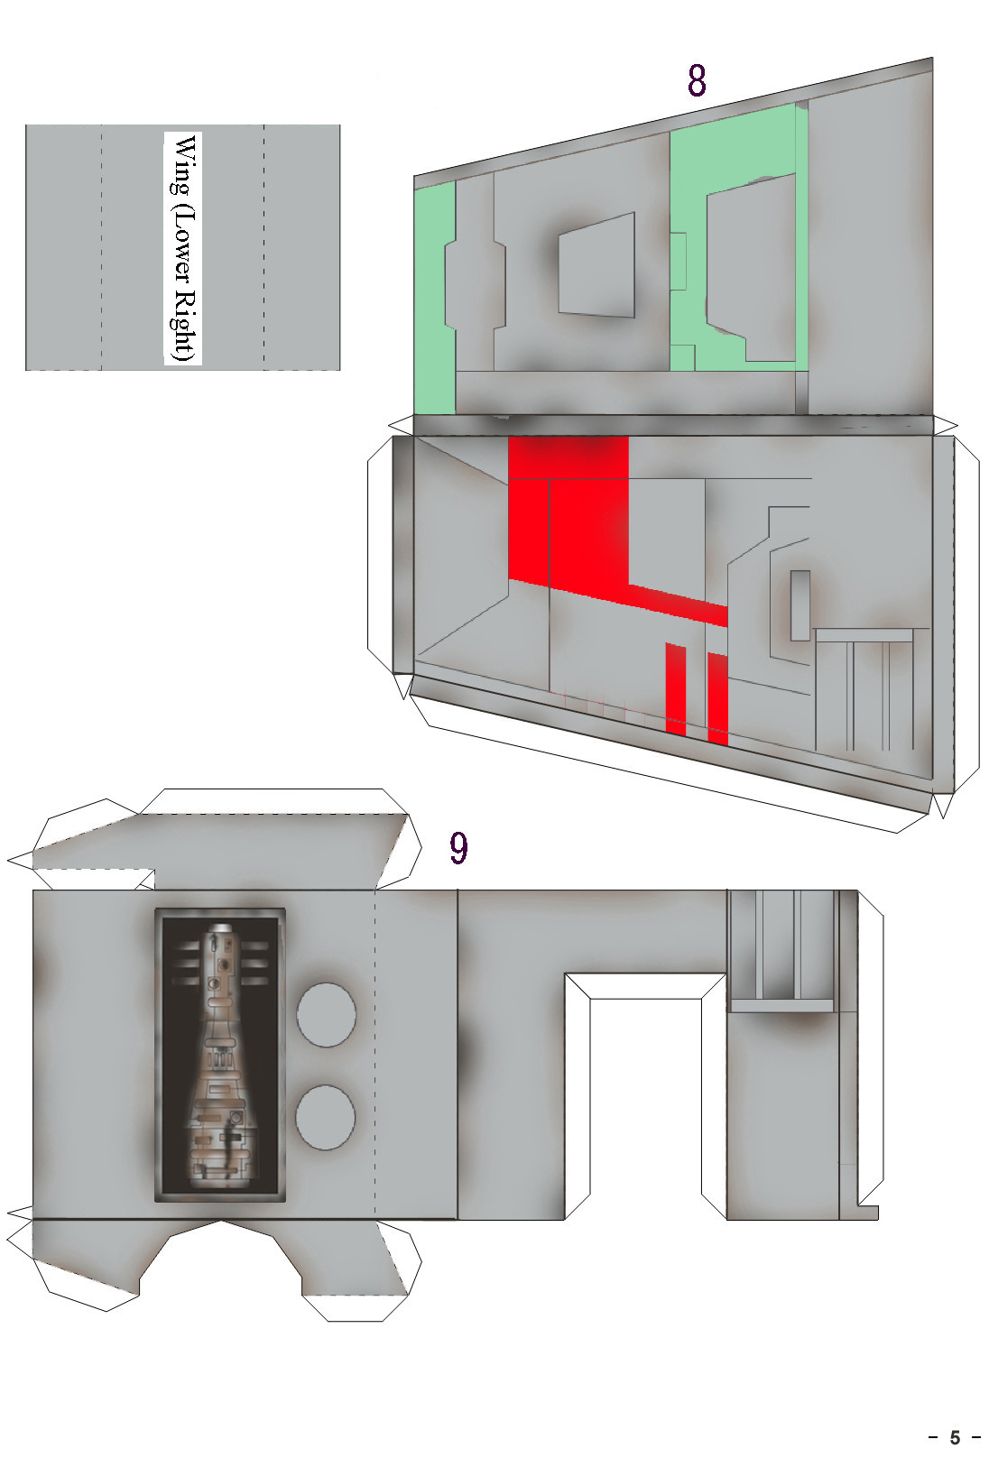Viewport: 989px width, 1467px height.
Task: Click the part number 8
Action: pyautogui.click(x=697, y=80)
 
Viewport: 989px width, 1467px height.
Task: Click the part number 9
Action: pyautogui.click(x=458, y=847)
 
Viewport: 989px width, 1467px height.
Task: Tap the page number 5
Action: pyautogui.click(x=955, y=1437)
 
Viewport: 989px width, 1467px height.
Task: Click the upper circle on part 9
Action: pyautogui.click(x=326, y=1014)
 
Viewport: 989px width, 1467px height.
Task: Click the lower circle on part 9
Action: pyautogui.click(x=326, y=1117)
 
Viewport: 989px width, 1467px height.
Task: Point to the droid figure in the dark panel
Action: pyautogui.click(x=220, y=1055)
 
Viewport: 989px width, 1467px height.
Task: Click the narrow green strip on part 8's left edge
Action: pyautogui.click(x=432, y=298)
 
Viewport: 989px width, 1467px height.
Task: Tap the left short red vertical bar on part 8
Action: pyautogui.click(x=675, y=687)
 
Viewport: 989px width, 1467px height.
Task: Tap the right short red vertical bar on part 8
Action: pyautogui.click(x=718, y=698)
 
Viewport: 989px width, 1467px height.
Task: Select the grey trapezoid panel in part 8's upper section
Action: pyautogui.click(x=596, y=264)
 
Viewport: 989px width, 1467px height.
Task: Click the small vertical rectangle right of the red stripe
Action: pyautogui.click(x=800, y=605)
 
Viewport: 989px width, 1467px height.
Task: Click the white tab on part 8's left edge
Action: pyautogui.click(x=380, y=556)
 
